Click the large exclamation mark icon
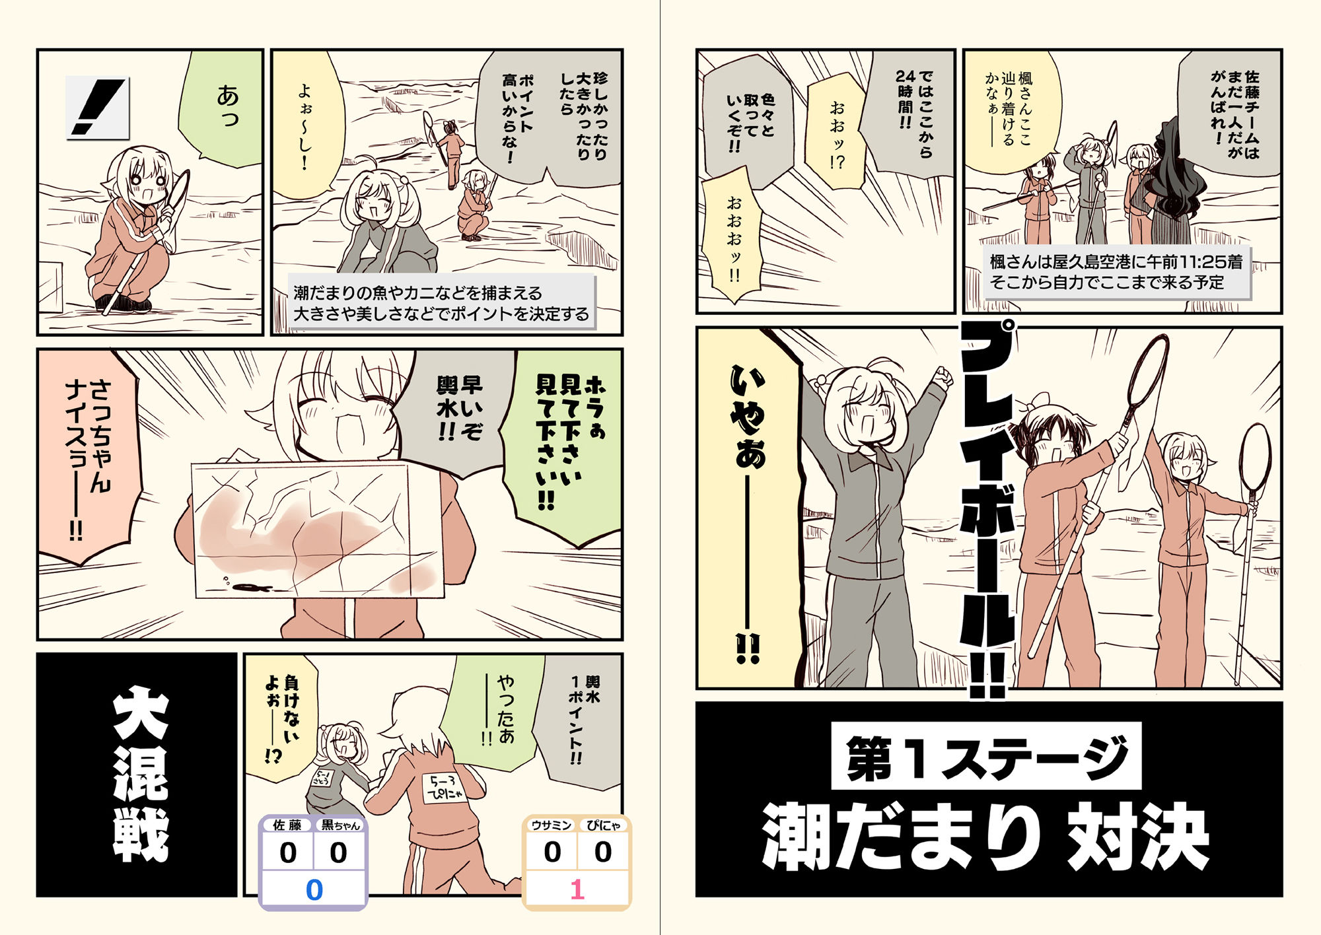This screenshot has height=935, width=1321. [x=97, y=108]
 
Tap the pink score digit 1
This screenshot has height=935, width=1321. [x=577, y=889]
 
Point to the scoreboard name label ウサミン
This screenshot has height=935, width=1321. [x=552, y=825]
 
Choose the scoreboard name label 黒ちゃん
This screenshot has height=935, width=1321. [x=339, y=825]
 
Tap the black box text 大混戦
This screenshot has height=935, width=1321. [x=139, y=775]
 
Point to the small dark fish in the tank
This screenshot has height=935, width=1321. [x=252, y=586]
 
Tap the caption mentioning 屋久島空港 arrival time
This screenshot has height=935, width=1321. [x=1116, y=272]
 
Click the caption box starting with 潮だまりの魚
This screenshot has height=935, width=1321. [x=441, y=303]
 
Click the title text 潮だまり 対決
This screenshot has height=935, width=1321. [x=985, y=837]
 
